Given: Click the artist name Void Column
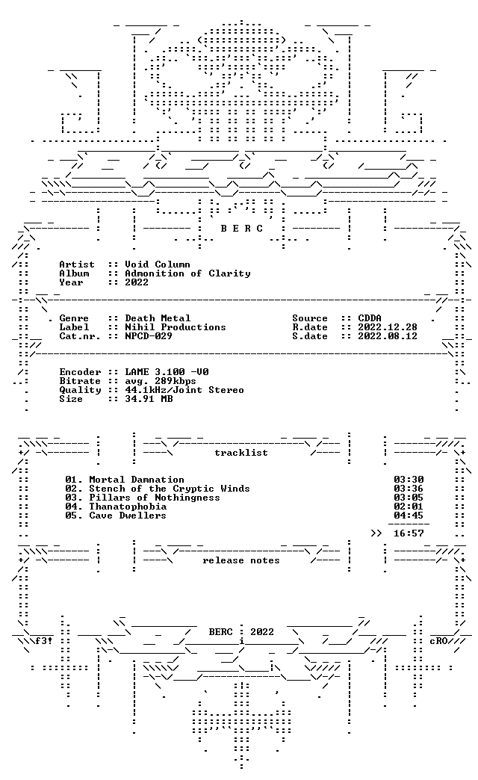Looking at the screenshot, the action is click(157, 264).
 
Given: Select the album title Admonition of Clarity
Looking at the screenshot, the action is click(187, 273).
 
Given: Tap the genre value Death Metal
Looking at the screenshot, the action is click(157, 318).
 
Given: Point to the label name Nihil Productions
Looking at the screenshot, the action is click(175, 326).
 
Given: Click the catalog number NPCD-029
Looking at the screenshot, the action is click(148, 335).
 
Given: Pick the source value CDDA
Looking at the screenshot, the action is click(370, 318).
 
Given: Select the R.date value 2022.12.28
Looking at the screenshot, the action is click(388, 326).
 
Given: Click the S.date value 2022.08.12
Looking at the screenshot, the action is click(388, 335).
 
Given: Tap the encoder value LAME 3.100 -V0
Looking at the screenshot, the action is click(167, 371).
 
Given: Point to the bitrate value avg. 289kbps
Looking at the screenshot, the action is click(160, 381).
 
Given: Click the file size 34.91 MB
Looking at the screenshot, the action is click(149, 398).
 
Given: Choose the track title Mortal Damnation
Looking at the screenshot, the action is click(136, 480).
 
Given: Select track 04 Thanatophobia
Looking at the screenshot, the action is click(128, 507).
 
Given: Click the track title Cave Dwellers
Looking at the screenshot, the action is click(127, 516).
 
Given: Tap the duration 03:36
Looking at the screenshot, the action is click(409, 489).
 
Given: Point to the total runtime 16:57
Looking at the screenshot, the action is click(409, 533).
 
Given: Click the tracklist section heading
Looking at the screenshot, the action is click(240, 453).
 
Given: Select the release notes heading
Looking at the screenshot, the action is click(240, 560).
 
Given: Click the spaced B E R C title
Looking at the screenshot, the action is click(241, 229).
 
